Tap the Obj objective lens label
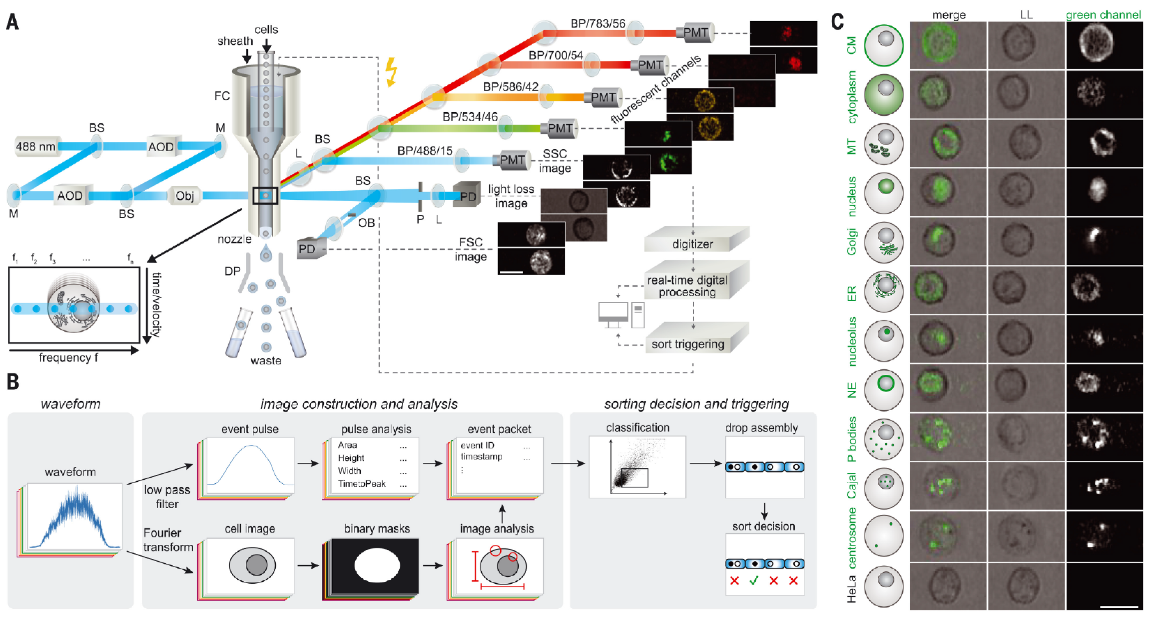[184, 196]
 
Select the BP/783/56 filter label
[598, 23]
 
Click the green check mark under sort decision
[754, 580]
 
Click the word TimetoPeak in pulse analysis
[361, 484]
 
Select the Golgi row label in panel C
[852, 242]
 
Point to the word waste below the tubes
[266, 360]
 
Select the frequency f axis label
[68, 358]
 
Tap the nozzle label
[234, 239]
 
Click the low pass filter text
[167, 497]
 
